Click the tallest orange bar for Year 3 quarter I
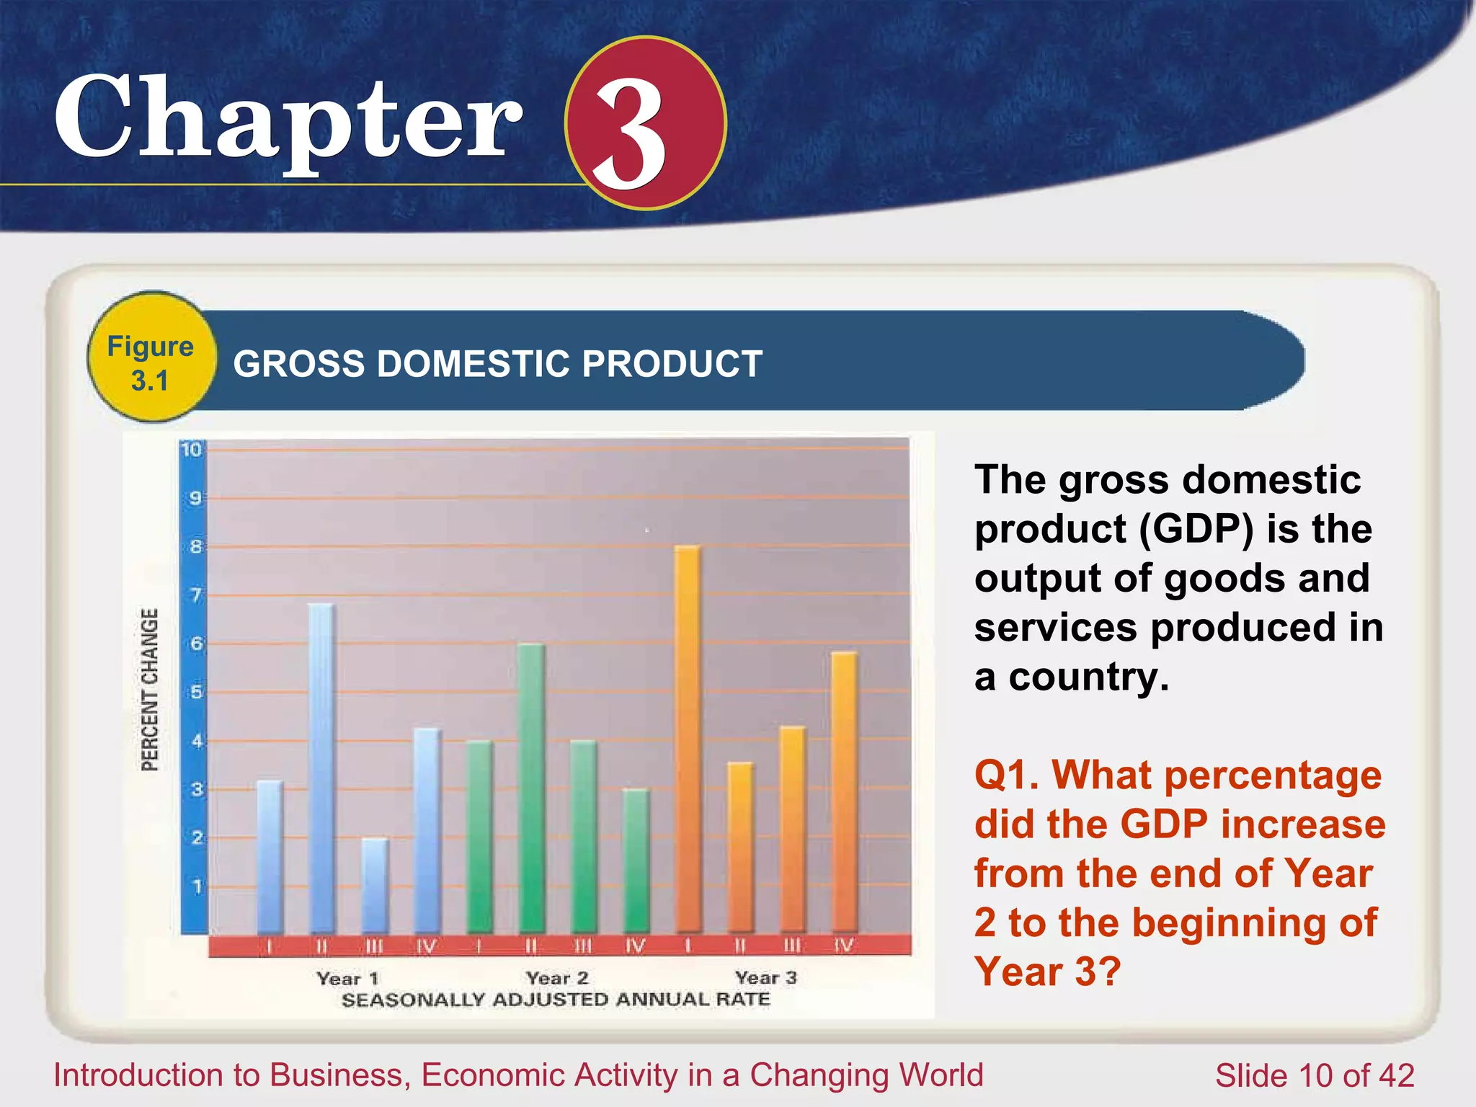688,739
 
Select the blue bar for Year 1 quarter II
321,768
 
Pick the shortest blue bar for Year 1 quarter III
374,885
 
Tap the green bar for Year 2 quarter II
531,788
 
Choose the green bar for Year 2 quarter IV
636,861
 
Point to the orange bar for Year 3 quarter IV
844,791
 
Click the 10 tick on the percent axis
191,450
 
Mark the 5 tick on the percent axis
195,693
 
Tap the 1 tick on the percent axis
197,886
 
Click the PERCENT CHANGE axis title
149,690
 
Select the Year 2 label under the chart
557,978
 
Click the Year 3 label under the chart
766,977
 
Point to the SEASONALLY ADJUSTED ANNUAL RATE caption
556,1000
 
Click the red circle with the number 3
645,123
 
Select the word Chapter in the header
288,119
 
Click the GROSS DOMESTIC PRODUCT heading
497,363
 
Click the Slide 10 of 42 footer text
1314,1075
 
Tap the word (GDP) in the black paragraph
1196,528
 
